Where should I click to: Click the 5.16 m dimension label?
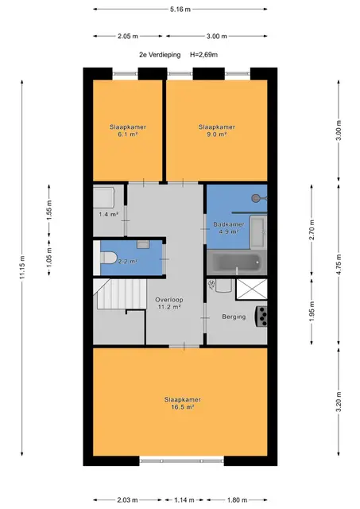tap(180, 10)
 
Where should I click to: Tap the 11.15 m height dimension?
tap(22, 267)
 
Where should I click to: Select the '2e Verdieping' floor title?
tap(160, 55)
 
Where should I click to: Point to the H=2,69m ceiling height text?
tap(203, 55)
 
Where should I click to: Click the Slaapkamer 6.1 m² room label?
tap(127, 130)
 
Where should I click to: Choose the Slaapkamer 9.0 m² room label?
tap(217, 130)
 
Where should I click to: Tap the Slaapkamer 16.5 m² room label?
tap(182, 403)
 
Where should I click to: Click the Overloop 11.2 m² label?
tap(169, 303)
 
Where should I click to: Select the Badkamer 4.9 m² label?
tap(229, 228)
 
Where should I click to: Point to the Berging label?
tap(234, 317)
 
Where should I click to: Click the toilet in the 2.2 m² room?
tap(108, 258)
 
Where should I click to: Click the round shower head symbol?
tap(257, 198)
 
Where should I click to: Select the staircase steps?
tap(122, 294)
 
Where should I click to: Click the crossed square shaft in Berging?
tap(252, 289)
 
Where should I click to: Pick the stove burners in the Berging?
tap(262, 317)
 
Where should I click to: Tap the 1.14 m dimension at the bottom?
tap(184, 500)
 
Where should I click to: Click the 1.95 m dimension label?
tap(312, 312)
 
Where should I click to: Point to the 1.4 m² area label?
tap(108, 214)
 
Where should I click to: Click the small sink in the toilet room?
tap(143, 244)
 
